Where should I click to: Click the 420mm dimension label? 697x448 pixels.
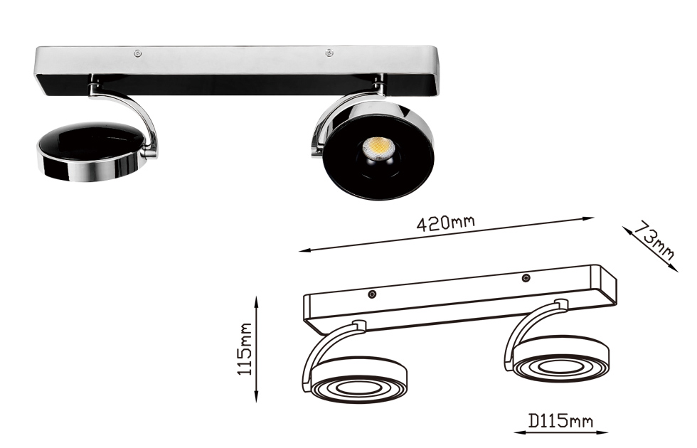[445, 223]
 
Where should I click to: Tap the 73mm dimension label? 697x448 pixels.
[653, 242]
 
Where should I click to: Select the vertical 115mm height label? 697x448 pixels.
[245, 349]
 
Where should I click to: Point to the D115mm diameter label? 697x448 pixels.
[560, 420]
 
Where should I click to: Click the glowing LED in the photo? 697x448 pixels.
[376, 148]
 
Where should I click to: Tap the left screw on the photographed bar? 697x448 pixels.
[138, 54]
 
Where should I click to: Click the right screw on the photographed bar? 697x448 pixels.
[329, 53]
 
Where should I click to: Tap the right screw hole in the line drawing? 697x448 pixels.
[526, 278]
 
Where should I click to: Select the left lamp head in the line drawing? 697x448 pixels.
[358, 380]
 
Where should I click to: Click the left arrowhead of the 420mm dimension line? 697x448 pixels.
[302, 250]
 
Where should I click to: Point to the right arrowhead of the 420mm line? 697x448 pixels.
[591, 218]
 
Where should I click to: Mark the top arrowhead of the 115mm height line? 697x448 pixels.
[256, 300]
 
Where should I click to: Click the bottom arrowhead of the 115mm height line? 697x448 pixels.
[256, 399]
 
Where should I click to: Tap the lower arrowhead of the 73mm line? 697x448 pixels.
[675, 269]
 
